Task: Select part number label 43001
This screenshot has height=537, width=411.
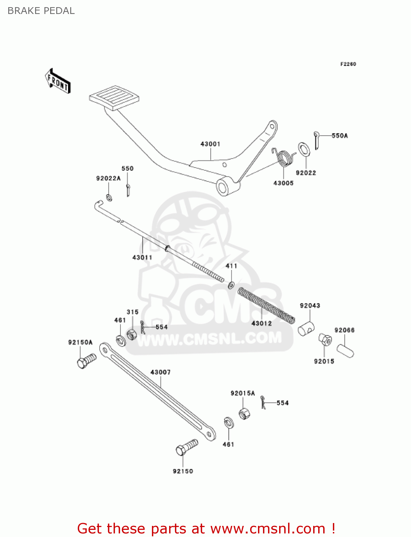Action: [x=210, y=144]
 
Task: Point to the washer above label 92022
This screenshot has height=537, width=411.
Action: [x=304, y=149]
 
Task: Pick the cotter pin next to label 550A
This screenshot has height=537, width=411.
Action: [x=317, y=140]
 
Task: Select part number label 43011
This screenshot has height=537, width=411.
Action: [x=142, y=257]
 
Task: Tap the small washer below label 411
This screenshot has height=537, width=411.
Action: [x=231, y=285]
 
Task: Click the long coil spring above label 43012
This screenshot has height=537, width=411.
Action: [x=266, y=305]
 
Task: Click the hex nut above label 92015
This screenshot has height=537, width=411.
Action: [x=325, y=339]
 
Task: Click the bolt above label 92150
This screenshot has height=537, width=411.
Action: [x=187, y=447]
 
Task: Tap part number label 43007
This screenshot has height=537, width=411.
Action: [x=161, y=372]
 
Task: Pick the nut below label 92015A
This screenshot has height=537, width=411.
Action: [x=244, y=413]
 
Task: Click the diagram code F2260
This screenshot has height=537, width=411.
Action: [x=348, y=64]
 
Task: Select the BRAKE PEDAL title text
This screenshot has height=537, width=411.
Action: [x=41, y=11]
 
